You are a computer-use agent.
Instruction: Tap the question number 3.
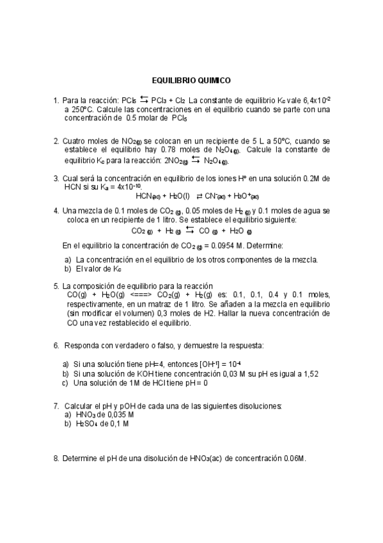point(56,178)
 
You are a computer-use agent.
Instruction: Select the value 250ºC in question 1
point(77,109)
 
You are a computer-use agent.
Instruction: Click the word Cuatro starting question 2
point(75,140)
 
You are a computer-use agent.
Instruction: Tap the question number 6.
point(56,346)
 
